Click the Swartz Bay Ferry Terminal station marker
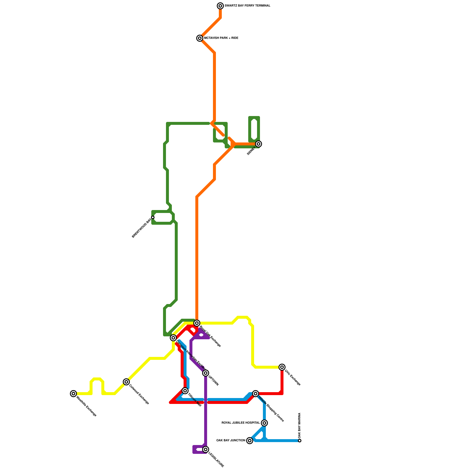[x=220, y=6]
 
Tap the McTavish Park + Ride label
[x=221, y=38]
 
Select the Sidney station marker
[x=258, y=144]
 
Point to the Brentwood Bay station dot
[x=153, y=217]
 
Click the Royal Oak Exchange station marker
[x=197, y=323]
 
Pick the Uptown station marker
[x=206, y=373]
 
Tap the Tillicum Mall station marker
[x=185, y=391]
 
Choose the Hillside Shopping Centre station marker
[x=256, y=394]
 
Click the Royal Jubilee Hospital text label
[x=241, y=423]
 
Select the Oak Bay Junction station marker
[x=250, y=441]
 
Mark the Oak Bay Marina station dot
[x=300, y=441]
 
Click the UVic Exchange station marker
[x=282, y=367]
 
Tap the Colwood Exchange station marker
[x=126, y=382]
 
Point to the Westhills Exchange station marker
[x=73, y=394]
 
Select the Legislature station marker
[x=206, y=449]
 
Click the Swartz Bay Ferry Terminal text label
[x=247, y=6]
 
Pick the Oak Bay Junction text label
[x=231, y=441]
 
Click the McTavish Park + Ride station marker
[x=200, y=38]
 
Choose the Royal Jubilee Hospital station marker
[x=264, y=423]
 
